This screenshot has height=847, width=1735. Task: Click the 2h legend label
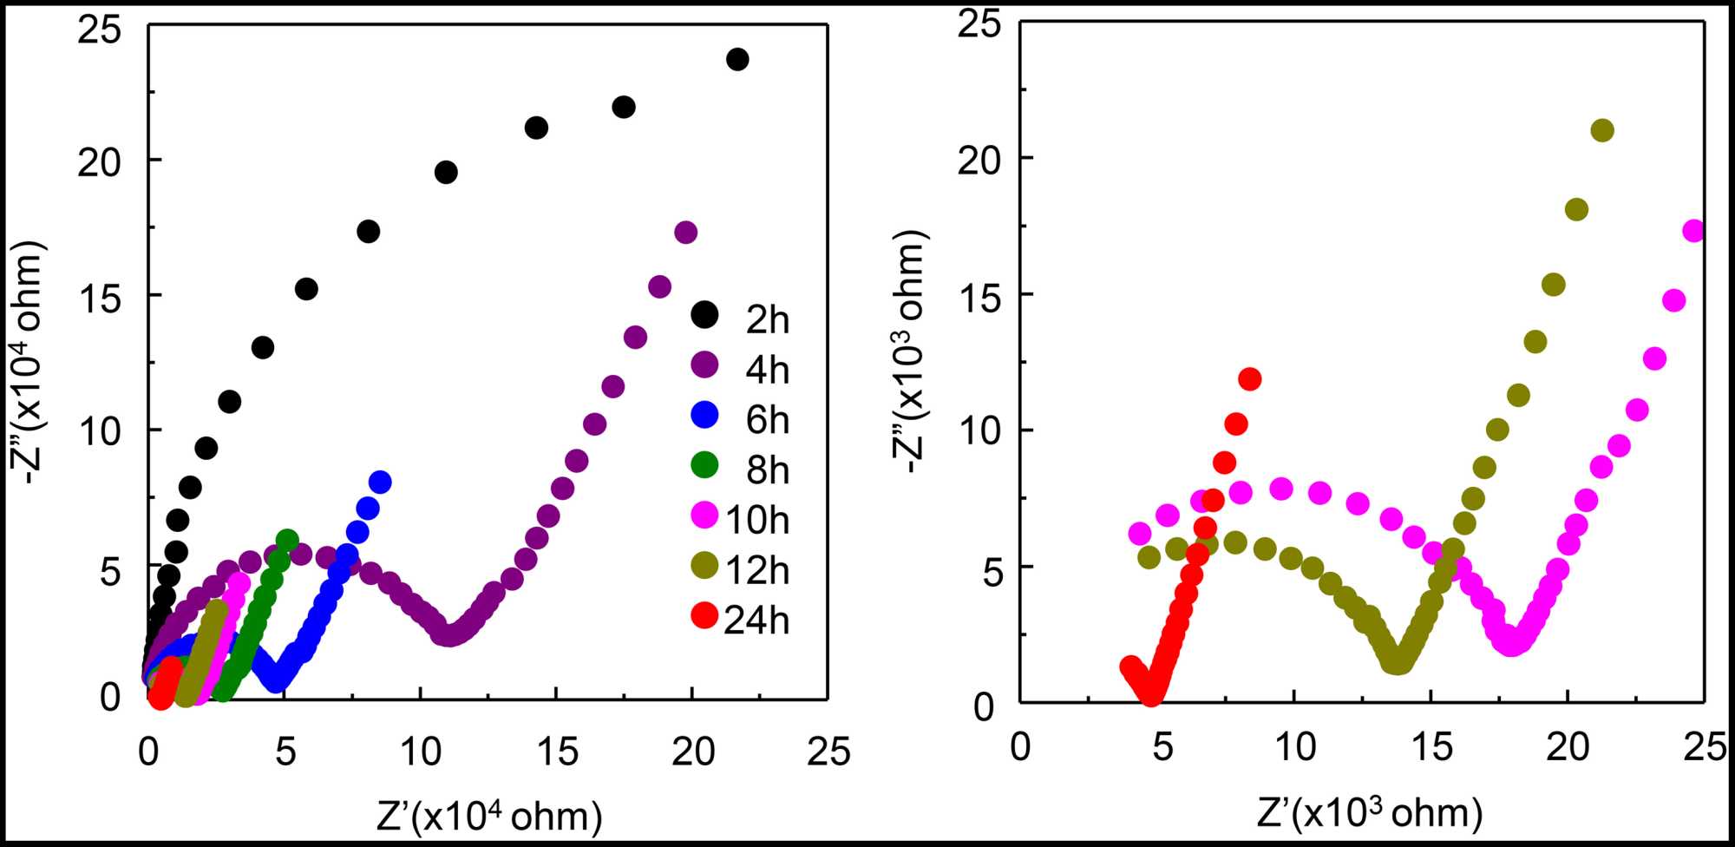coord(768,320)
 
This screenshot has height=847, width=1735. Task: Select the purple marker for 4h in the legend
coord(704,364)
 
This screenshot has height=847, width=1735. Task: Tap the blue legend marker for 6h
coord(704,415)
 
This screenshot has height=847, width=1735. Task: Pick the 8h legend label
coord(768,470)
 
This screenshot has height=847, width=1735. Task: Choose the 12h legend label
coord(756,570)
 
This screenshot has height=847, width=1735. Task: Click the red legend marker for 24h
coord(704,615)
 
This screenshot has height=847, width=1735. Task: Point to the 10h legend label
coord(756,520)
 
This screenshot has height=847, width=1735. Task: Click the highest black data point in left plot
coord(737,59)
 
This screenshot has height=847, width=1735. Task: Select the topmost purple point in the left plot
coord(686,232)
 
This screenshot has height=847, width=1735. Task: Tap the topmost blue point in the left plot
coord(380,482)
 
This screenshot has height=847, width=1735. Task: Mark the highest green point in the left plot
coord(287,539)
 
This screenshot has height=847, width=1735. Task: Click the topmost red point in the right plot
coord(1250,378)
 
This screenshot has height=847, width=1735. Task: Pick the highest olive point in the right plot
coord(1602,130)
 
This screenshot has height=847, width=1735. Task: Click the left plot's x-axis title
coord(489,817)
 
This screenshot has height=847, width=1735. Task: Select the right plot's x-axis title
coord(1369,813)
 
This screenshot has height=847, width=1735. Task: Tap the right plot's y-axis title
coord(911,351)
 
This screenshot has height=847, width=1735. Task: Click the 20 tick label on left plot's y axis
coord(99,161)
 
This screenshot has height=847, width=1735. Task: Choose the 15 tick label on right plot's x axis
coord(1431,747)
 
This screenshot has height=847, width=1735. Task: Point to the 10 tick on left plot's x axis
coord(421,752)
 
